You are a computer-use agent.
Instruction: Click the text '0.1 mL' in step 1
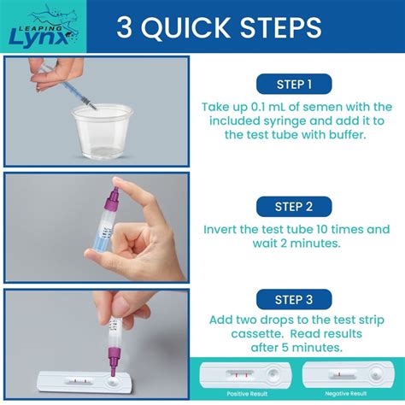click(x=271, y=107)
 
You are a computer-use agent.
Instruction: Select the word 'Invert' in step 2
click(x=225, y=229)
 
